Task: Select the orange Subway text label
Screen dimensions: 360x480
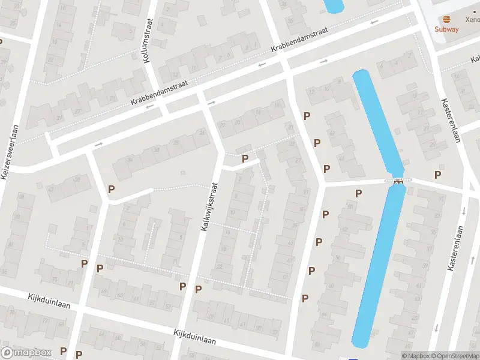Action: [447, 29]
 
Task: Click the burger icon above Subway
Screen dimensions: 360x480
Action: [447, 19]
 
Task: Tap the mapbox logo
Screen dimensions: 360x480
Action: [26, 353]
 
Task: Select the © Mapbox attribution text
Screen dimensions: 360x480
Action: [415, 356]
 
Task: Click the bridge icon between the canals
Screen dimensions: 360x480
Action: [398, 182]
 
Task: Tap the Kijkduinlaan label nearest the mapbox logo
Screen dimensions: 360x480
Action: [49, 301]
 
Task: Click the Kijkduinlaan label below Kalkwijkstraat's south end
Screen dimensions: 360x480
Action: [194, 337]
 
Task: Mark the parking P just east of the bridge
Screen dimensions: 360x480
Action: [438, 175]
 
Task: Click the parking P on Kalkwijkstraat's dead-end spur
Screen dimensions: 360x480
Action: [245, 158]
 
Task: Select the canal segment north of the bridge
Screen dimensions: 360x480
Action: [378, 120]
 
